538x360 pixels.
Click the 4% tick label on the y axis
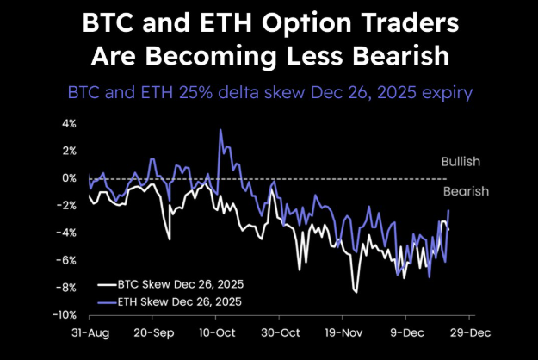point(66,123)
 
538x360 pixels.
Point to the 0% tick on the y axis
point(66,178)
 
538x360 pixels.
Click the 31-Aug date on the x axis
point(90,331)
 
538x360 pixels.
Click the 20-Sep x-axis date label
point(155,331)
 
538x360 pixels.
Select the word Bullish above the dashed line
point(461,161)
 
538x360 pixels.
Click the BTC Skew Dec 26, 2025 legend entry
point(169,283)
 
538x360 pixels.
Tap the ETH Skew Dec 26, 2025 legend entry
point(169,301)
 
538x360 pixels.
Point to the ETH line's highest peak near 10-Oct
point(221,130)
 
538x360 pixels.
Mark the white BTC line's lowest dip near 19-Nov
point(356,292)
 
